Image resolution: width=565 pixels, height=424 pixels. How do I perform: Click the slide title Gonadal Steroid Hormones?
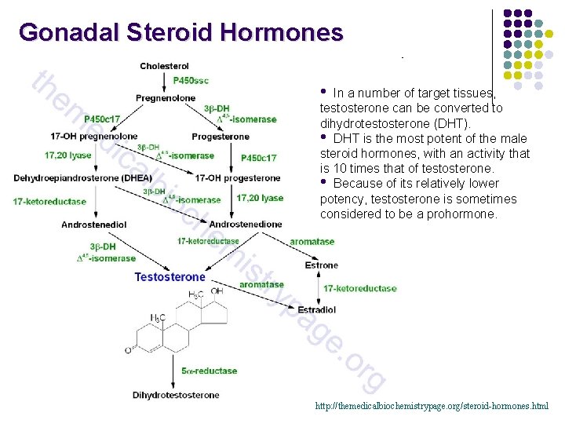181,33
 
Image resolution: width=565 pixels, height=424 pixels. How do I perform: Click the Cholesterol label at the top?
164,66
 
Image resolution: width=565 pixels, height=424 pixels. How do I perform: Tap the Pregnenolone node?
166,98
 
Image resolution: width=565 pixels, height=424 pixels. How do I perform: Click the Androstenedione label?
246,225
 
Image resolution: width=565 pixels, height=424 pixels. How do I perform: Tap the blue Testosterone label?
169,277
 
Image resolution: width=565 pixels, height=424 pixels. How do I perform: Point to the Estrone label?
322,265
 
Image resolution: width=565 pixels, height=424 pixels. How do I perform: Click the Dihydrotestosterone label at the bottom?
176,395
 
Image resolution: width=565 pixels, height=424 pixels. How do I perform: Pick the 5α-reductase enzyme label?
209,371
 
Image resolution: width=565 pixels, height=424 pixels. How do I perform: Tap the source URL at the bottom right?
432,406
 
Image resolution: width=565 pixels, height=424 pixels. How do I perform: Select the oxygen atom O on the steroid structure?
129,350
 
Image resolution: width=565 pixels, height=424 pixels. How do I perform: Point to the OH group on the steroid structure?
217,292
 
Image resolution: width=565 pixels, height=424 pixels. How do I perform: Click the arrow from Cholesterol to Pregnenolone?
166,82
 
